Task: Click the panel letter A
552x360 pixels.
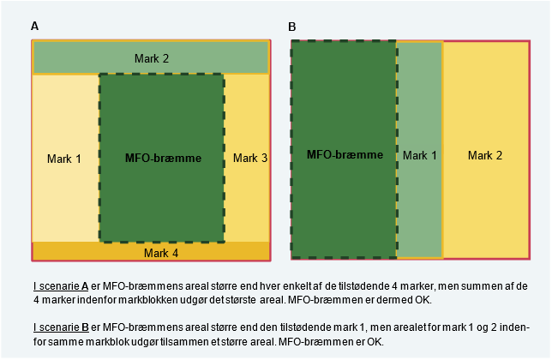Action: tap(34, 27)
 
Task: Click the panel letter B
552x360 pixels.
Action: tap(292, 27)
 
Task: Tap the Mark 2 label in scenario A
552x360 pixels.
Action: tap(152, 58)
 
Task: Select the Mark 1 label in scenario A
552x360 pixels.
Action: tap(65, 159)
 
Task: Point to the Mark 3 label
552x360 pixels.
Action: tap(250, 159)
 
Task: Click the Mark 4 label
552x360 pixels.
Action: tap(161, 253)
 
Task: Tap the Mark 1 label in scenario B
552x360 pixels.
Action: tap(420, 155)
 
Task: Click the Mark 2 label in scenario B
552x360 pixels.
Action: tap(485, 155)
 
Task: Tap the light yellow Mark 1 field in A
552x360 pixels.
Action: tap(65, 197)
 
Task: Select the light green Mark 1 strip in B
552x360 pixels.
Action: tap(420, 206)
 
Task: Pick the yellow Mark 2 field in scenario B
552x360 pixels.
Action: tap(485, 206)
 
